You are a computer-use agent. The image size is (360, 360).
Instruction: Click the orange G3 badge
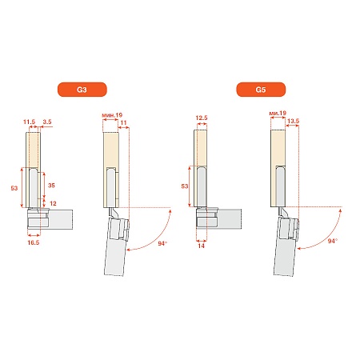[x=82, y=90]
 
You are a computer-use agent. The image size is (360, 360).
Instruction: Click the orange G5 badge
[x=261, y=90]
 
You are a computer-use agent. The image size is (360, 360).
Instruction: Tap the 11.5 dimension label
[x=29, y=122]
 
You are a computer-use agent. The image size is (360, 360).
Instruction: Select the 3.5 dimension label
[x=47, y=122]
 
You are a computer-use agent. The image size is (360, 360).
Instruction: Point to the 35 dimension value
[x=51, y=186]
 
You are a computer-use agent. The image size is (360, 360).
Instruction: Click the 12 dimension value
[x=53, y=203]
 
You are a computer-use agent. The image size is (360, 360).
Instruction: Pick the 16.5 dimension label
[x=34, y=242]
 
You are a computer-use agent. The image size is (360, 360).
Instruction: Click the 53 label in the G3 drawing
[x=14, y=188]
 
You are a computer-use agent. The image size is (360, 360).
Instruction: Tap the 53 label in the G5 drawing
[x=185, y=186]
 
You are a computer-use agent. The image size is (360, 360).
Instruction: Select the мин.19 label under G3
[x=112, y=115]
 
